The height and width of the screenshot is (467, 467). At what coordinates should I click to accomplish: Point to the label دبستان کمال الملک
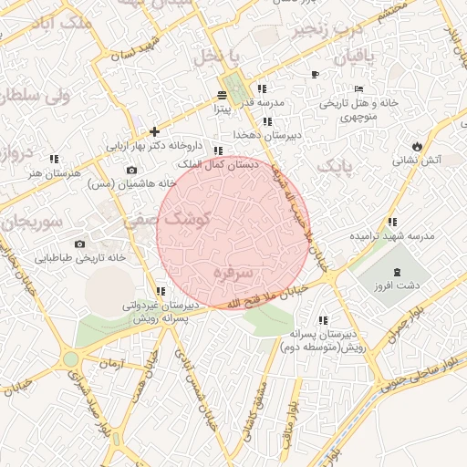click(x=222, y=164)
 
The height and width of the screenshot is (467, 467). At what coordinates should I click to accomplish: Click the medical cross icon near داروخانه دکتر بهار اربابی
click(x=154, y=131)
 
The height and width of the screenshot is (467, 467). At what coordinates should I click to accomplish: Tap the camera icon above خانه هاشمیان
click(x=131, y=170)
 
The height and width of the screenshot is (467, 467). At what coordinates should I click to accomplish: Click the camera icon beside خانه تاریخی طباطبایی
click(x=80, y=244)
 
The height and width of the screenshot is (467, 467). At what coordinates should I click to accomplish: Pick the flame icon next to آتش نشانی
click(x=417, y=146)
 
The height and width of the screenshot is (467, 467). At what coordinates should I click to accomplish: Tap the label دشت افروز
click(x=397, y=285)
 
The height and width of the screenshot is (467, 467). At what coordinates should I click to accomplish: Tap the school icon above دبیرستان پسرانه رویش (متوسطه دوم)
click(x=323, y=320)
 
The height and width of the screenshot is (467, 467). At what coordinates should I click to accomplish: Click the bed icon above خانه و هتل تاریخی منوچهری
click(x=316, y=74)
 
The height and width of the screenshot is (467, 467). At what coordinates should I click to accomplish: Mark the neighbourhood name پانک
click(x=334, y=167)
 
